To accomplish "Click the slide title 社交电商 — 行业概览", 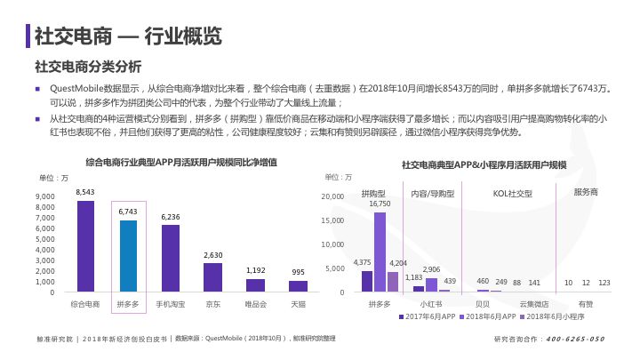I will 128,35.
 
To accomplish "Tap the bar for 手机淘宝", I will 171,259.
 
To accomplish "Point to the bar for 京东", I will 213,277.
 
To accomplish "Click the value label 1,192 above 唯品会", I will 255,270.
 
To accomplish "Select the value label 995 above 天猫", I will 298,272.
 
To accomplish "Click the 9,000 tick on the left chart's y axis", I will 44,196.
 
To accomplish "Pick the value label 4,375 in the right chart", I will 363,262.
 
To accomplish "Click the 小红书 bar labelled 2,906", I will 432,284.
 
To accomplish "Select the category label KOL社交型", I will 512,193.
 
